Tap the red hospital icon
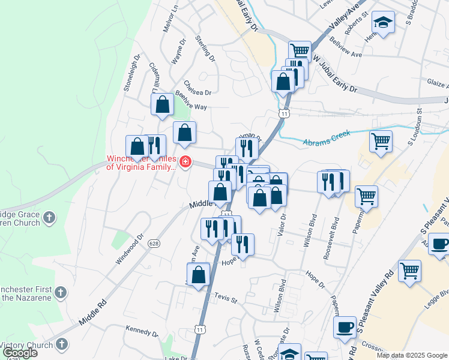click(185, 162)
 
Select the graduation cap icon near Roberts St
click(382, 23)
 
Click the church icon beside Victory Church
click(62, 344)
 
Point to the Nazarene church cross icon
click(60, 292)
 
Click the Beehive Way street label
click(191, 107)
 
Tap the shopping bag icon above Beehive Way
click(162, 104)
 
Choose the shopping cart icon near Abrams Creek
click(381, 142)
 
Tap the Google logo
click(20, 353)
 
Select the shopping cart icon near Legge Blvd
click(409, 271)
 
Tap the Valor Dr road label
click(282, 225)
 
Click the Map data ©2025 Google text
click(411, 355)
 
